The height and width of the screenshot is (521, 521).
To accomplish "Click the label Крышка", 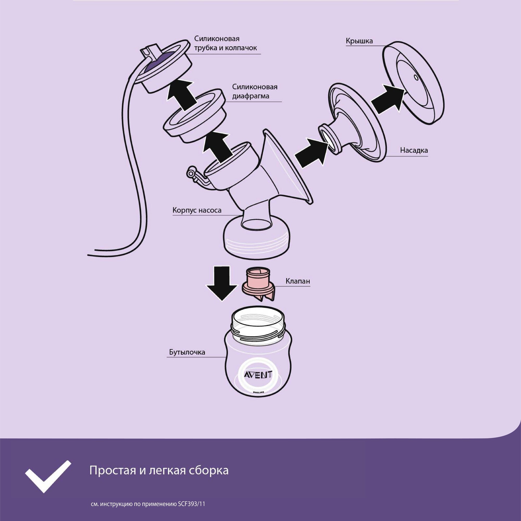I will (x=359, y=41).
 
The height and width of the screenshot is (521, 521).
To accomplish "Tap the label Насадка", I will (x=414, y=150).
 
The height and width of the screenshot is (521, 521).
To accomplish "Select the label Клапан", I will (x=298, y=281).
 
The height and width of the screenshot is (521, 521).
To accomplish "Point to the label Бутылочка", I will (x=187, y=352).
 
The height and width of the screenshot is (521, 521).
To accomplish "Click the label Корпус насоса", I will (x=197, y=210).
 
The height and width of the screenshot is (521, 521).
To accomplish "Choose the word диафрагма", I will (x=251, y=96).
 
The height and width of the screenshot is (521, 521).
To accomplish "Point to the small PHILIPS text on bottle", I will (x=258, y=392).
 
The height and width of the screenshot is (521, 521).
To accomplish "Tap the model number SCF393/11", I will (x=191, y=504).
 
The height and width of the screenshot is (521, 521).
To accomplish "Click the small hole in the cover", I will (x=416, y=77).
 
